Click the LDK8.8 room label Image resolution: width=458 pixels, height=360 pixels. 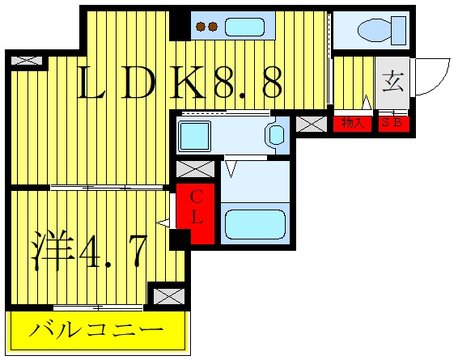click(180, 83)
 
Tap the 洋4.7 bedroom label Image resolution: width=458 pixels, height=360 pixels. click(89, 250)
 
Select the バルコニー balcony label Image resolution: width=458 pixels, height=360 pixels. click(96, 329)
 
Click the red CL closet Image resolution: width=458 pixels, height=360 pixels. click(196, 214)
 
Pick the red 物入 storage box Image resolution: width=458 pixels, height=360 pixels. click(353, 124)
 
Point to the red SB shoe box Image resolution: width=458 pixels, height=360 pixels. click(394, 124)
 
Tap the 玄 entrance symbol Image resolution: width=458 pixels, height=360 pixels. click(393, 83)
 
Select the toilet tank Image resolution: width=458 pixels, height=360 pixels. click(399, 31)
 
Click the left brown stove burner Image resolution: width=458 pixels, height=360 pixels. click(201, 27)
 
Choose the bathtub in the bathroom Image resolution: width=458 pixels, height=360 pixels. click(255, 224)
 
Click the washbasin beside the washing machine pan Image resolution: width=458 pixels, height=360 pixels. click(276, 135)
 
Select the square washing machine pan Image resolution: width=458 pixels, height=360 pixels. click(195, 136)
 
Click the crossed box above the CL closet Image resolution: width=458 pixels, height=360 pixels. click(195, 169)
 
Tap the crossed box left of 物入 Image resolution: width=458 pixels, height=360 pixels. click(312, 124)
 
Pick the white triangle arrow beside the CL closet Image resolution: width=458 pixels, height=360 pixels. click(163, 224)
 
